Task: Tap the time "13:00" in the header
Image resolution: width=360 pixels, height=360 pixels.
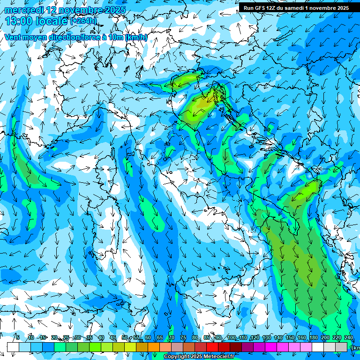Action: click(18, 21)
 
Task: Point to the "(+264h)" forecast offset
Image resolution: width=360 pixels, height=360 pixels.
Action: click(84, 21)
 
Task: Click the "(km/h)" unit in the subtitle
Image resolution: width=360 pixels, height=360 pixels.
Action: click(136, 37)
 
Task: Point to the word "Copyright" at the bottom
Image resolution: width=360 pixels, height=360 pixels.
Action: click(177, 357)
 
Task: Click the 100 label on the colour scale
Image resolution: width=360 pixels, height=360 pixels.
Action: click(231, 337)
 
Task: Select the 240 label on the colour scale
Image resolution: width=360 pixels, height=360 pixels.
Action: click(348, 337)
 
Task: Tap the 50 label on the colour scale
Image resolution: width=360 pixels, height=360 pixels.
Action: click(125, 337)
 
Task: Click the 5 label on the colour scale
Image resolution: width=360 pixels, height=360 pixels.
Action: click(18, 337)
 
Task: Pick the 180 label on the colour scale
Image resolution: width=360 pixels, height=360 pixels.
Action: click(313, 337)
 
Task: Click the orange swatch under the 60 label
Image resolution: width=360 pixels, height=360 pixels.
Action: click(154, 347)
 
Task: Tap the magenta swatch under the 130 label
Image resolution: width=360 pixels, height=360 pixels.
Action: click(271, 347)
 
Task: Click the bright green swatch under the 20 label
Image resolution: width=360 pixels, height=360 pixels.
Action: click(60, 347)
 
